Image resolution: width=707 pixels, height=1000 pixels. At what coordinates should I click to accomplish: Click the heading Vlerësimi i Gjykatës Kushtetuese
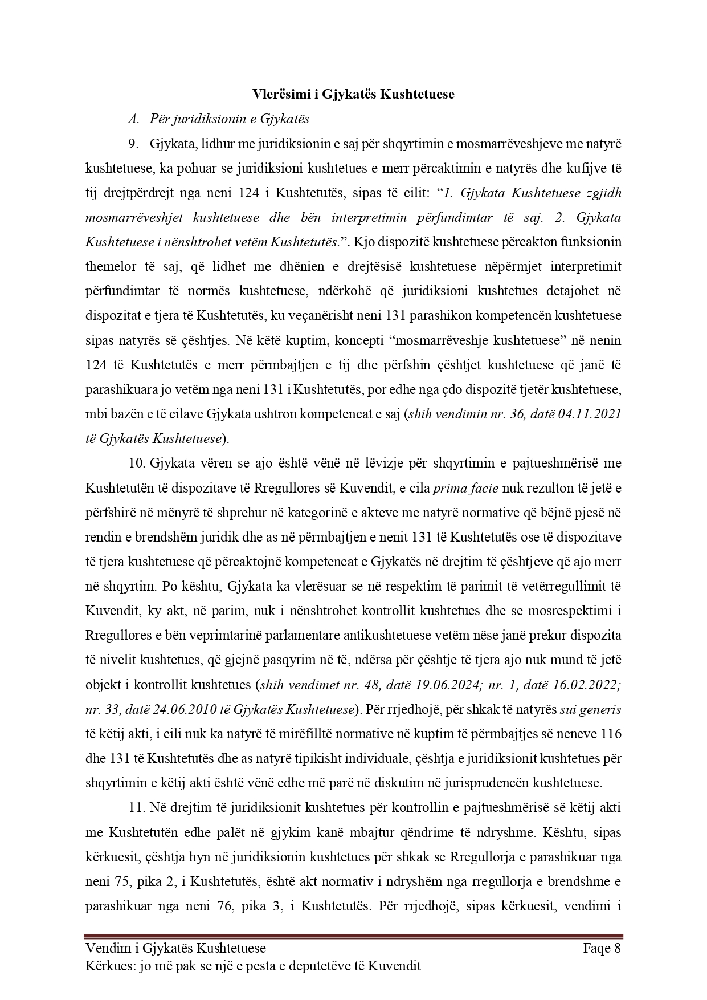pos(353,94)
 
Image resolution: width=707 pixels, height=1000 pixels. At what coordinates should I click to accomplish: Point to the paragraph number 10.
pos(136,463)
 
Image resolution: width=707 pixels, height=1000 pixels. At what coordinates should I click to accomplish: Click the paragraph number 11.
pos(136,808)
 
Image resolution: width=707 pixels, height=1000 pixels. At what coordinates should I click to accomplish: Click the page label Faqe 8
pos(602,948)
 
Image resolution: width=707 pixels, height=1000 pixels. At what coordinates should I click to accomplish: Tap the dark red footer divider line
pos(353,936)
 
